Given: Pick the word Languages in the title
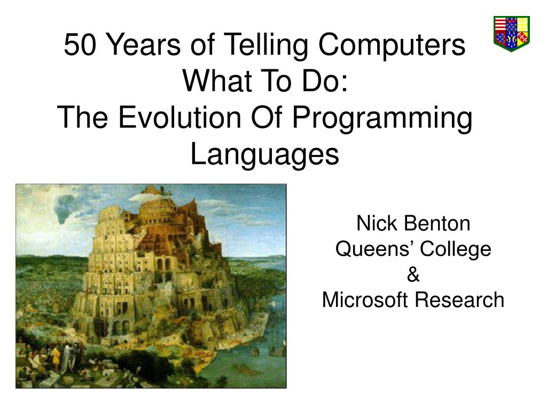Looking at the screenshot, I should click(265, 155).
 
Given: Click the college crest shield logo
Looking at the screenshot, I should click(511, 33).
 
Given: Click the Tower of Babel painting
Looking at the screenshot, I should click(151, 286).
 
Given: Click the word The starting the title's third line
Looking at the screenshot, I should click(84, 118).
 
